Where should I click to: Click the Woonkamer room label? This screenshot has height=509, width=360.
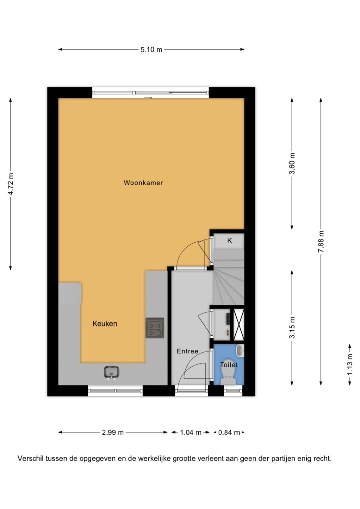[143, 183]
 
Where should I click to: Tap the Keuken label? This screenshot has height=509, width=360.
[105, 323]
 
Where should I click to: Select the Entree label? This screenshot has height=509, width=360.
[187, 351]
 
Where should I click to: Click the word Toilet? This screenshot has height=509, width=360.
[229, 365]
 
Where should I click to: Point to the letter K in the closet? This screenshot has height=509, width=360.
[229, 241]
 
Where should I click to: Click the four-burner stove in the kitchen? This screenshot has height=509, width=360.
[155, 328]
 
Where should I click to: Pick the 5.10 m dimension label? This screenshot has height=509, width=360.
[151, 49]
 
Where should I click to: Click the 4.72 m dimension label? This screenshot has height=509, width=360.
[10, 184]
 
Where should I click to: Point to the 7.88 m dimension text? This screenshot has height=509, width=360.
[321, 241]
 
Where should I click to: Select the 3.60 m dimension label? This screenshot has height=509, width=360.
[292, 163]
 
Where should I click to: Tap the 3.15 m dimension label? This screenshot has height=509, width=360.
[292, 328]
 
